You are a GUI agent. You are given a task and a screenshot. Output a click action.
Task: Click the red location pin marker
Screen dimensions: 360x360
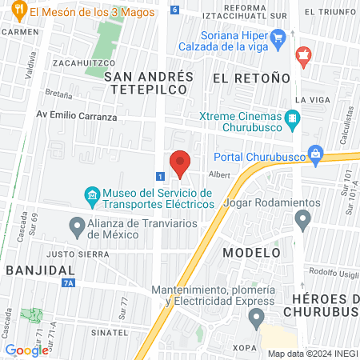pyautogui.click(x=180, y=163)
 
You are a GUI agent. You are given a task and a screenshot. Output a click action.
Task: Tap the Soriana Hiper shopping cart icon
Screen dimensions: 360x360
pyautogui.click(x=278, y=37)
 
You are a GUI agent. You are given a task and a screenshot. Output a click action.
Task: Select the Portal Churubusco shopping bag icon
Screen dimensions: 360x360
pyautogui.click(x=315, y=152)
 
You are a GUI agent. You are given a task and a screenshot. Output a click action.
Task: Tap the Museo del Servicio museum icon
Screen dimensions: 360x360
pyautogui.click(x=92, y=194)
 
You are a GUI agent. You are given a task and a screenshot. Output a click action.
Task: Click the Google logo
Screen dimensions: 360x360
pyautogui.click(x=26, y=350)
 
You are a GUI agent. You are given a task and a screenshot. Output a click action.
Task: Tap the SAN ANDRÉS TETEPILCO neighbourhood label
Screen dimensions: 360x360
pyautogui.click(x=149, y=83)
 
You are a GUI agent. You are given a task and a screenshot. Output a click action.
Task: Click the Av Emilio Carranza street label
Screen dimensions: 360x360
pyautogui.click(x=76, y=116)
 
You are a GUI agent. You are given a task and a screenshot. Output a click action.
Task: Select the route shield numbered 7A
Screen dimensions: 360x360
pyautogui.click(x=68, y=282)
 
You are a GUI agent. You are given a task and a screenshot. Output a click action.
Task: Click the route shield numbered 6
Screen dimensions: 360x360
pyautogui.click(x=174, y=10)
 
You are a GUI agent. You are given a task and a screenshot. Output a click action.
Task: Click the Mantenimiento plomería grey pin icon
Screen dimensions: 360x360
pyautogui.click(x=256, y=318)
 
